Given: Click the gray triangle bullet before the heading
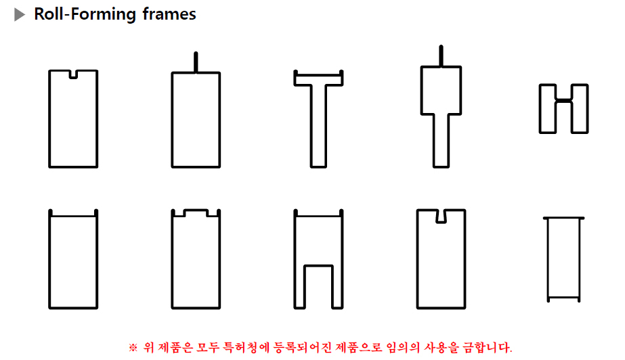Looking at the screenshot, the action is [19, 15].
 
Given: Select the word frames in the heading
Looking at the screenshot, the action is [169, 14].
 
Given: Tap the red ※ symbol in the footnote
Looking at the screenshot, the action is [133, 348].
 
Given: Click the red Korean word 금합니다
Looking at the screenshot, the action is [487, 347].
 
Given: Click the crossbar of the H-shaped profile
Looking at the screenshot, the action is [563, 100].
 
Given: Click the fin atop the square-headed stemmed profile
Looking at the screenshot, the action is [441, 55].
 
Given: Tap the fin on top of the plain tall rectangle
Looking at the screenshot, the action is [196, 62].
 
